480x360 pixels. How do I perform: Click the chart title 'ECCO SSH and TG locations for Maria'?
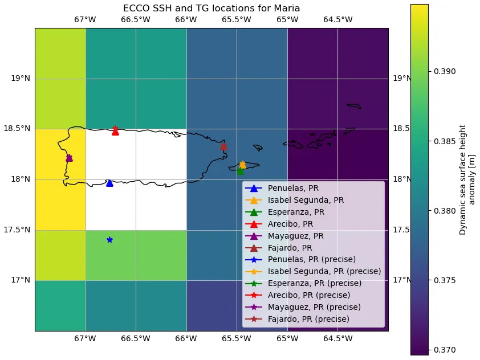(211, 9)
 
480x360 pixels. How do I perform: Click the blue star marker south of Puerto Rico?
(109, 240)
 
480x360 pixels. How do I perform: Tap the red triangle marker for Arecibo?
(115, 132)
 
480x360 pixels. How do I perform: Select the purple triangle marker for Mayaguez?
(69, 158)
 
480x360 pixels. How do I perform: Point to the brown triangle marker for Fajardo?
(223, 146)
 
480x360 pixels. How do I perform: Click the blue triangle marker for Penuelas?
(109, 183)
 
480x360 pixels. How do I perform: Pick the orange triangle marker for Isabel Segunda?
(242, 165)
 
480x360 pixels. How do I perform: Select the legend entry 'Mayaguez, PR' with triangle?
(296, 236)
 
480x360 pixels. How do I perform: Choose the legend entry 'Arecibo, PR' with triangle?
(291, 224)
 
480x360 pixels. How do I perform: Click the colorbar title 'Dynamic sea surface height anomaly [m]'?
(467, 179)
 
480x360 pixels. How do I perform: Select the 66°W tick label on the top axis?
(186, 20)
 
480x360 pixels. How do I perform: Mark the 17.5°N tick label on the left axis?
(21, 230)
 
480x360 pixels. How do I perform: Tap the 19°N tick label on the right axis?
(403, 79)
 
